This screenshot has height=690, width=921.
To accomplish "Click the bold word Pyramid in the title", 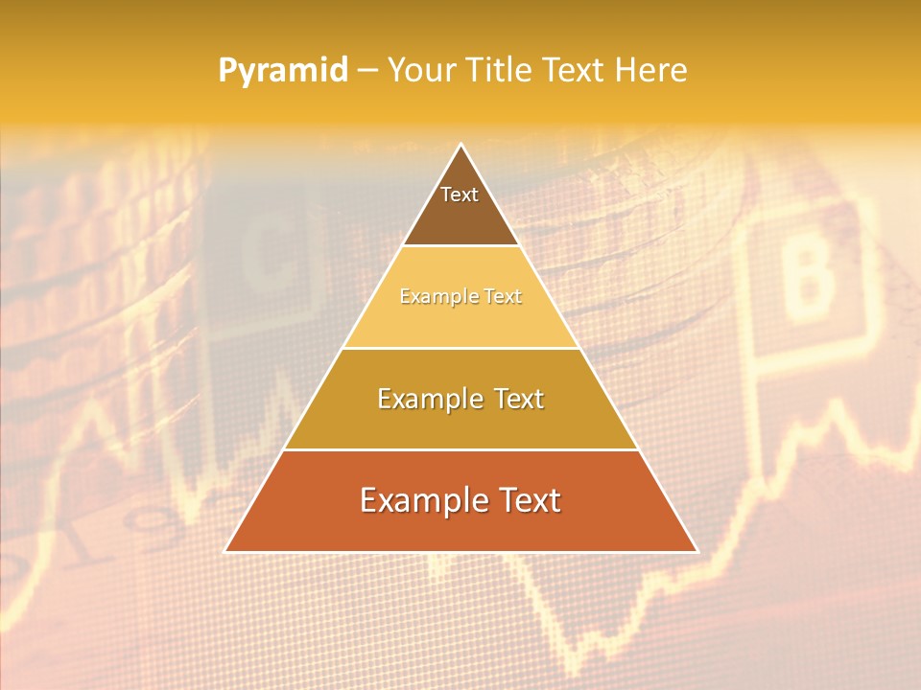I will [x=283, y=71].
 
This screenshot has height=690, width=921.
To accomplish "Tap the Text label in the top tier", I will [x=460, y=195].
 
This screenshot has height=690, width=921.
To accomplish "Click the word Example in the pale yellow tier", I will [x=434, y=297].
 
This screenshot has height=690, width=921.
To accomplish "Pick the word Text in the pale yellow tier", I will [x=503, y=297].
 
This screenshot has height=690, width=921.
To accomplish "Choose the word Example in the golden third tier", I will [x=426, y=399].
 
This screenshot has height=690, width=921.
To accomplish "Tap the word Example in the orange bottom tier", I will [x=417, y=501].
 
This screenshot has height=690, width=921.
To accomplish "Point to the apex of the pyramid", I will [x=460, y=146].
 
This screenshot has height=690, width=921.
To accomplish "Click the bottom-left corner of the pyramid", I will [x=226, y=550].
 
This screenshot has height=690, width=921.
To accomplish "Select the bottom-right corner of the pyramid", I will [x=696, y=550].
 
